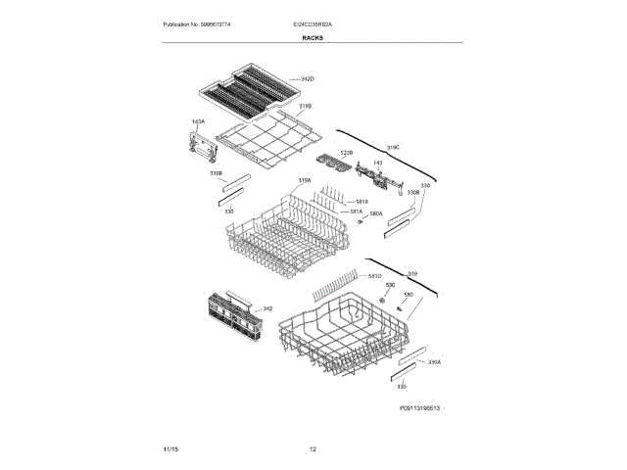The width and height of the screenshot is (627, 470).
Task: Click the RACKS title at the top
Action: point(313,37)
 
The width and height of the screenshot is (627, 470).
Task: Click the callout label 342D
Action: point(307,78)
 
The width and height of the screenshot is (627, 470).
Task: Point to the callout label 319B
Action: point(305,105)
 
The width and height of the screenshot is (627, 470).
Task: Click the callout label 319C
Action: point(394,146)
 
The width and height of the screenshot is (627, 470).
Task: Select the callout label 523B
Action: point(346,154)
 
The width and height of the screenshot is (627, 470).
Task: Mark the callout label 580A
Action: point(375,213)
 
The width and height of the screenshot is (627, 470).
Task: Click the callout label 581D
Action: point(374,277)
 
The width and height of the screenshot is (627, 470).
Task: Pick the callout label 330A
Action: point(435,361)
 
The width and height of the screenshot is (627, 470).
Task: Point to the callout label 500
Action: point(388,284)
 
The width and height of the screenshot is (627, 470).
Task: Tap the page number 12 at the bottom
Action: point(313,448)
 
